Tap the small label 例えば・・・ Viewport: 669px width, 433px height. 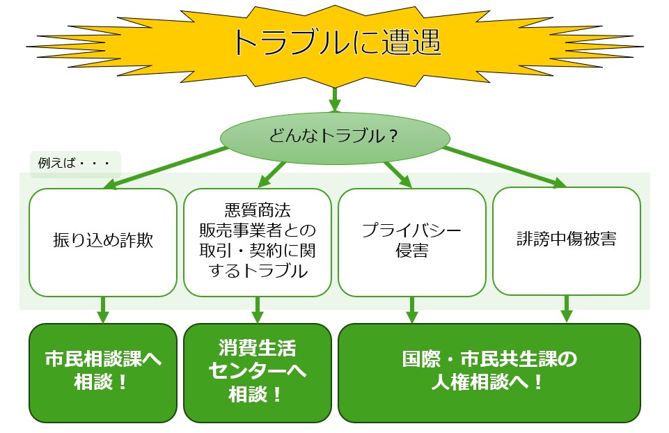75,163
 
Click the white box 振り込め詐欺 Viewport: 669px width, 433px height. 103,242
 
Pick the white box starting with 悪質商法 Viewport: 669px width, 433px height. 258,242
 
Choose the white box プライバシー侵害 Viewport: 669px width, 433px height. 411,242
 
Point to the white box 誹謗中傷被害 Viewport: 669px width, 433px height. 567,241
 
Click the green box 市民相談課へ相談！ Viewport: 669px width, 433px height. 103,373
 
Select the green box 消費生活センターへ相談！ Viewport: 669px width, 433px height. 258,373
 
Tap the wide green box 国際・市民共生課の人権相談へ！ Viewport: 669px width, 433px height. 489,373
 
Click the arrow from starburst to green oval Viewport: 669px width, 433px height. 335,100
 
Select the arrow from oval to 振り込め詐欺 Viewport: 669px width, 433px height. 166,168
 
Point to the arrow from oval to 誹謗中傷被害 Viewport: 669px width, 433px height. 505,167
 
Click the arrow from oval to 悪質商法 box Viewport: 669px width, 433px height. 271,175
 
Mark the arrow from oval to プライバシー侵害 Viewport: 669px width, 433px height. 398,175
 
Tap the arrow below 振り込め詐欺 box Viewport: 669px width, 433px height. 103,310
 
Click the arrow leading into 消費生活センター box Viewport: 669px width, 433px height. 258,310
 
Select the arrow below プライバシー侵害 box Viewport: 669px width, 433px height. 411,310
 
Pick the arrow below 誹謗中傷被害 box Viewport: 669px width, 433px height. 567,309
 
